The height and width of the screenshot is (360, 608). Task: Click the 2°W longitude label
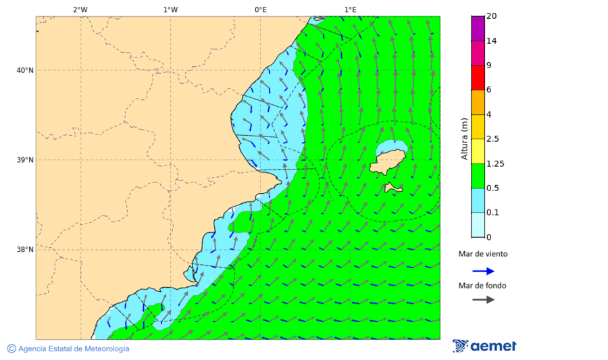(x=80, y=9)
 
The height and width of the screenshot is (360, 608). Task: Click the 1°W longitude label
(x=170, y=9)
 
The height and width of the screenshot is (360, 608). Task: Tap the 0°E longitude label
(x=260, y=9)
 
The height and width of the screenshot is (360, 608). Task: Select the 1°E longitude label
(x=350, y=9)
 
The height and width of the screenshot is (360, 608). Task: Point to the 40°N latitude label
(x=24, y=70)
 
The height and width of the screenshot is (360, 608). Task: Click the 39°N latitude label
(x=24, y=160)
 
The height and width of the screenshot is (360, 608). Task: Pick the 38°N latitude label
(x=24, y=250)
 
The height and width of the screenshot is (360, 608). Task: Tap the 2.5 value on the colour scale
(x=492, y=139)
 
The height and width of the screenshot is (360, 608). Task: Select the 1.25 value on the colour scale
(x=495, y=163)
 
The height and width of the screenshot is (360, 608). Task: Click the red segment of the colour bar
(x=478, y=78)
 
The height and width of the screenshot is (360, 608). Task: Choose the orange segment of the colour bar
(x=478, y=102)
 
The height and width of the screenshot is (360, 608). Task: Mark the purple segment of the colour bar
(x=478, y=28)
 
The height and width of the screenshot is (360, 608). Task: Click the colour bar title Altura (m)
(x=464, y=138)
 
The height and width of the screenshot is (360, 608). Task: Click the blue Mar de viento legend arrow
(x=483, y=271)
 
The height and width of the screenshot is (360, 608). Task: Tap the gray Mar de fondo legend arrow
(x=483, y=300)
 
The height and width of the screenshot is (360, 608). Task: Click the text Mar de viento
(x=482, y=255)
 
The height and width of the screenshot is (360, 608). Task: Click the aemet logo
(x=484, y=346)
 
